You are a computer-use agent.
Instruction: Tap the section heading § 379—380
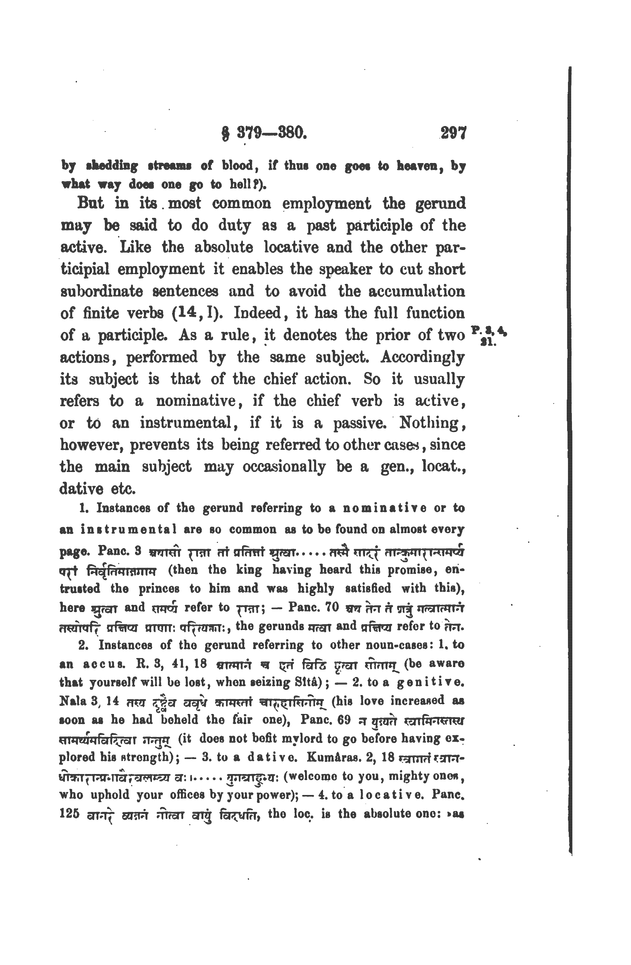pyautogui.click(x=264, y=133)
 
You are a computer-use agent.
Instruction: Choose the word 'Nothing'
pyautogui.click(x=432, y=423)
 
